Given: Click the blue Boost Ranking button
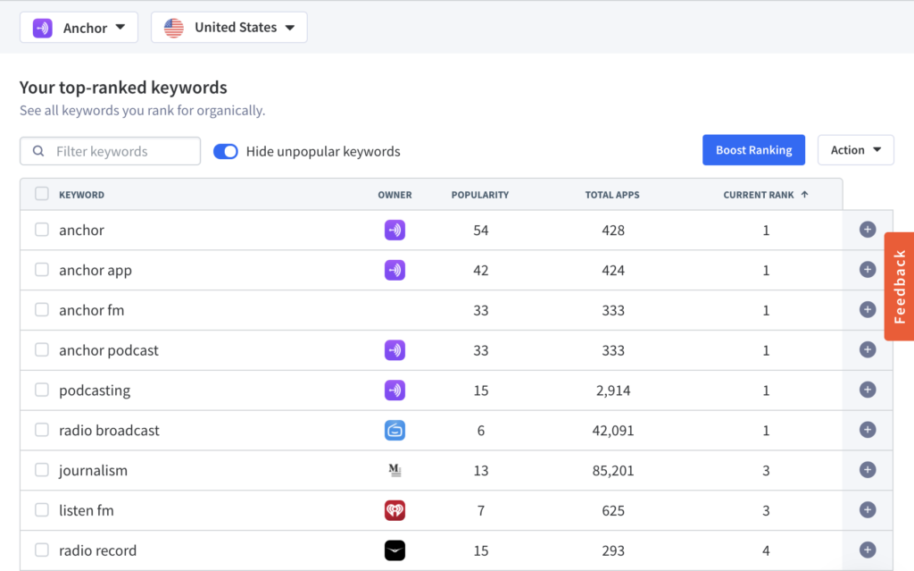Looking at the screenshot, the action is point(753,150).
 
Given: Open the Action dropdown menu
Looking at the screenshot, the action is point(855,150).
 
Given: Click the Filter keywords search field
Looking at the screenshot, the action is point(110,151).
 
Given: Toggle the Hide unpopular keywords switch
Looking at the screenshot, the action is point(226,151).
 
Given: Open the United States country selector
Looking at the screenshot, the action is point(229,28).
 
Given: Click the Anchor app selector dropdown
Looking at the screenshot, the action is point(79,28).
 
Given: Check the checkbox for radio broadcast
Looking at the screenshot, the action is point(41,430).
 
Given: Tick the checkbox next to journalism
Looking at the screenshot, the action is point(41,470).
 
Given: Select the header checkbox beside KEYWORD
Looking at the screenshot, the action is point(41,194).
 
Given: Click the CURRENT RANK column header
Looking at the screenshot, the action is point(765,195).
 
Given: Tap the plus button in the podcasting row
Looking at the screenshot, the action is point(868,390).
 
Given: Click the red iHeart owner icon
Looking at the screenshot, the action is point(395,510).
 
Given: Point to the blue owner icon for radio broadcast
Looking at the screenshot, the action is point(395,431).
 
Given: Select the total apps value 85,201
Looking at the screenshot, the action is point(612,471).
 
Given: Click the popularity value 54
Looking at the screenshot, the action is point(480,230).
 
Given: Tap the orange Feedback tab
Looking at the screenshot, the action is point(900,286).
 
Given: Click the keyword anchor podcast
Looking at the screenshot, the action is point(108,350).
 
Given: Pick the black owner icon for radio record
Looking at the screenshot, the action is point(395,550).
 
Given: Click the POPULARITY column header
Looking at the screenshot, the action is point(479,195).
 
